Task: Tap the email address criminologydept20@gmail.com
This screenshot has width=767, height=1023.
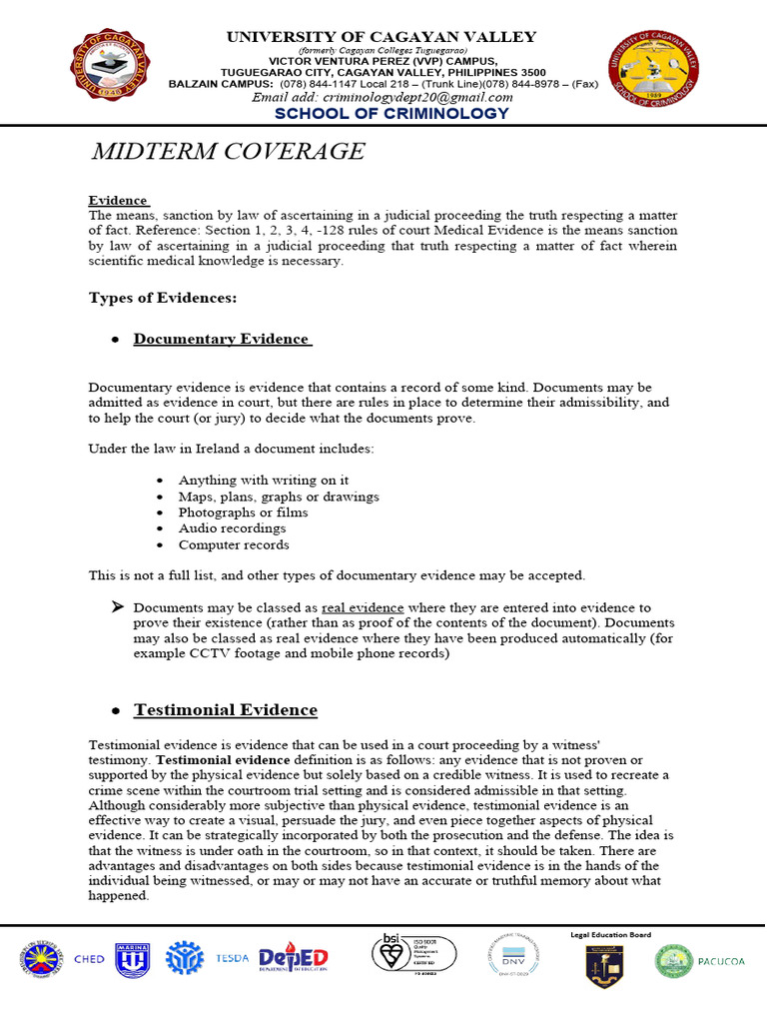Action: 382,97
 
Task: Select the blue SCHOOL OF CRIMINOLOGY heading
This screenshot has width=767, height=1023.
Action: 391,114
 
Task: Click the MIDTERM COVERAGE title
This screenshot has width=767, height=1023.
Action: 228,152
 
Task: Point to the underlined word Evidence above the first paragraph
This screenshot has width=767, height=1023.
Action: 118,200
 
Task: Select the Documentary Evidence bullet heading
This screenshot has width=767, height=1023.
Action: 222,339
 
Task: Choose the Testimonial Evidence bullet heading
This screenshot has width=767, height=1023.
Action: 226,710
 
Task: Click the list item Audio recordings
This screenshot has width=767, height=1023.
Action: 232,528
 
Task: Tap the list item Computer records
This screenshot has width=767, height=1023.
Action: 234,544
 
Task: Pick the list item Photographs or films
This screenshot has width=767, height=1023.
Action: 243,512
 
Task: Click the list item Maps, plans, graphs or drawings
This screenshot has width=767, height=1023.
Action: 279,497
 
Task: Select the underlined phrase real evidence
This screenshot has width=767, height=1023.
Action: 363,607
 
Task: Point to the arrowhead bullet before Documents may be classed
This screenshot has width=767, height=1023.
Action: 117,607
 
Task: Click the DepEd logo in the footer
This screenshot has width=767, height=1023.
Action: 294,959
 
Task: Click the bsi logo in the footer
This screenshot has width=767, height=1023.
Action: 415,957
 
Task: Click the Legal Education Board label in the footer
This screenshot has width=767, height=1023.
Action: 609,935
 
